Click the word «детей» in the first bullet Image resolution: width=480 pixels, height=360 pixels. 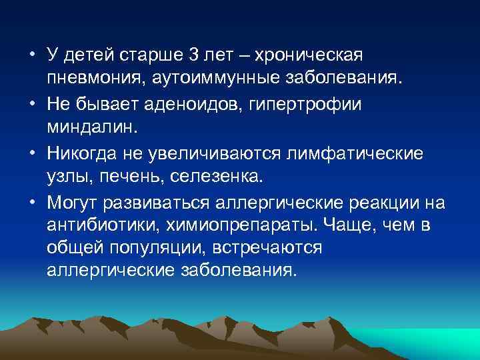(x=91, y=53)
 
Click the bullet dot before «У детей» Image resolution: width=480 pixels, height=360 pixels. (x=32, y=53)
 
